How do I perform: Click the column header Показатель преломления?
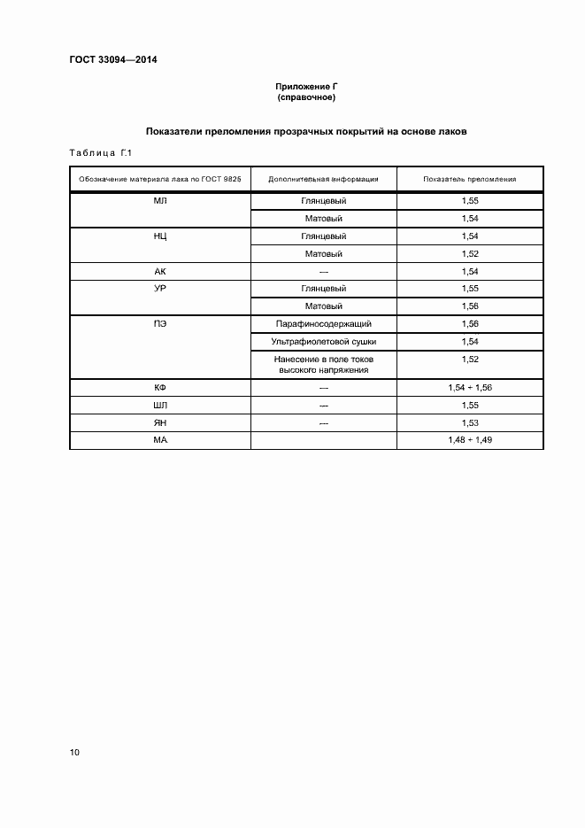point(469,179)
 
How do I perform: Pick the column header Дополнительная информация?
point(323,179)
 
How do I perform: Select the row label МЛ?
point(160,201)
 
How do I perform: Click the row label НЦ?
point(160,236)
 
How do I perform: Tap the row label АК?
point(160,272)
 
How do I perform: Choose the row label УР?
point(160,289)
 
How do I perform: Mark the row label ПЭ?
point(160,324)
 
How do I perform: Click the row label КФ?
point(160,388)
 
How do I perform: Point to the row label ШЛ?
point(160,406)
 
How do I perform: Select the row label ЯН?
point(160,423)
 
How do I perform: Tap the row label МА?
point(160,440)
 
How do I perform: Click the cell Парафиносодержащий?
point(323,324)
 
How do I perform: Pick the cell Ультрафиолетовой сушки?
point(323,342)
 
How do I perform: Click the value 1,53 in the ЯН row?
point(469,423)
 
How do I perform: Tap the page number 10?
point(75,753)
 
